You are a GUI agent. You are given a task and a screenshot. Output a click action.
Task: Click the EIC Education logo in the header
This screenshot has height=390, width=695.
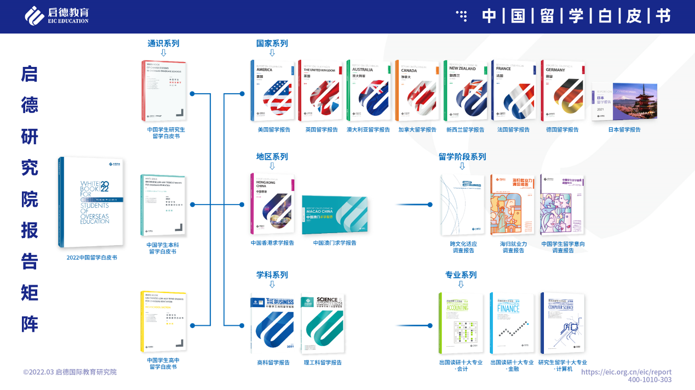pyautogui.click(x=56, y=15)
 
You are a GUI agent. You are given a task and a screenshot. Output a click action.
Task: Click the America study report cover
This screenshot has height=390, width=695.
pyautogui.click(x=272, y=91)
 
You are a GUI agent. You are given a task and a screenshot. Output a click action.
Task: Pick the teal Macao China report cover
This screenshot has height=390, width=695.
pyautogui.click(x=335, y=215)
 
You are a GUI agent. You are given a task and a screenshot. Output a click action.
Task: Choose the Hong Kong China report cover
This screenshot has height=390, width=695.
pyautogui.click(x=272, y=205)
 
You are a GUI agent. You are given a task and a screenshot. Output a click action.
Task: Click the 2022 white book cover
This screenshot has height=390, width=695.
pyautogui.click(x=91, y=202)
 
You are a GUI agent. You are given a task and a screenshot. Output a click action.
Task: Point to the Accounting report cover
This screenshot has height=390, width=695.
pyautogui.click(x=461, y=324)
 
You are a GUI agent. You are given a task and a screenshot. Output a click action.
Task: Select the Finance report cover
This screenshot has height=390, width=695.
pyautogui.click(x=512, y=324)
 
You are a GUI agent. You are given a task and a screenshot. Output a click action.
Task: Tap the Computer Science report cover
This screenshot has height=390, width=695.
pyautogui.click(x=562, y=324)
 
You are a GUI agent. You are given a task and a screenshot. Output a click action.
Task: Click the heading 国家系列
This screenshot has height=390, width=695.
pyautogui.click(x=272, y=43)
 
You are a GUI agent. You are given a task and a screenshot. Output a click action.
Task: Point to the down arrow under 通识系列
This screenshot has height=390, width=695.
pyautogui.click(x=163, y=53)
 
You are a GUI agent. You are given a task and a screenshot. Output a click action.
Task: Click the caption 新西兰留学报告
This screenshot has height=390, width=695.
pyautogui.click(x=465, y=130)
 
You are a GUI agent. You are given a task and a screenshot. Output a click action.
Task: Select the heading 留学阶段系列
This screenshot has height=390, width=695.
pyautogui.click(x=462, y=156)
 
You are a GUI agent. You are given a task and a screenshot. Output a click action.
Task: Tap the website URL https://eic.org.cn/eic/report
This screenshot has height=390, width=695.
pyautogui.click(x=626, y=371)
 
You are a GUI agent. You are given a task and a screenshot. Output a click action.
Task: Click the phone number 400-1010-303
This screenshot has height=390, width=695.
pyautogui.click(x=650, y=380)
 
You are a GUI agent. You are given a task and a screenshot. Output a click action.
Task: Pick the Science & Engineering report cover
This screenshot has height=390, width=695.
pyautogui.click(x=323, y=324)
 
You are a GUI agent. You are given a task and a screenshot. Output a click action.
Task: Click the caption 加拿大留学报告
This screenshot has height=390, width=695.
pyautogui.click(x=417, y=130)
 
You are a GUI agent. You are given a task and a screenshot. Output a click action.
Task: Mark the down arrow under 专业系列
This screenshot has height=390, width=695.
pyautogui.click(x=461, y=284)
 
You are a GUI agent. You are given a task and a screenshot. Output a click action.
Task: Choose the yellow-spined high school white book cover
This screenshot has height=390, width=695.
pyautogui.click(x=163, y=322)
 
